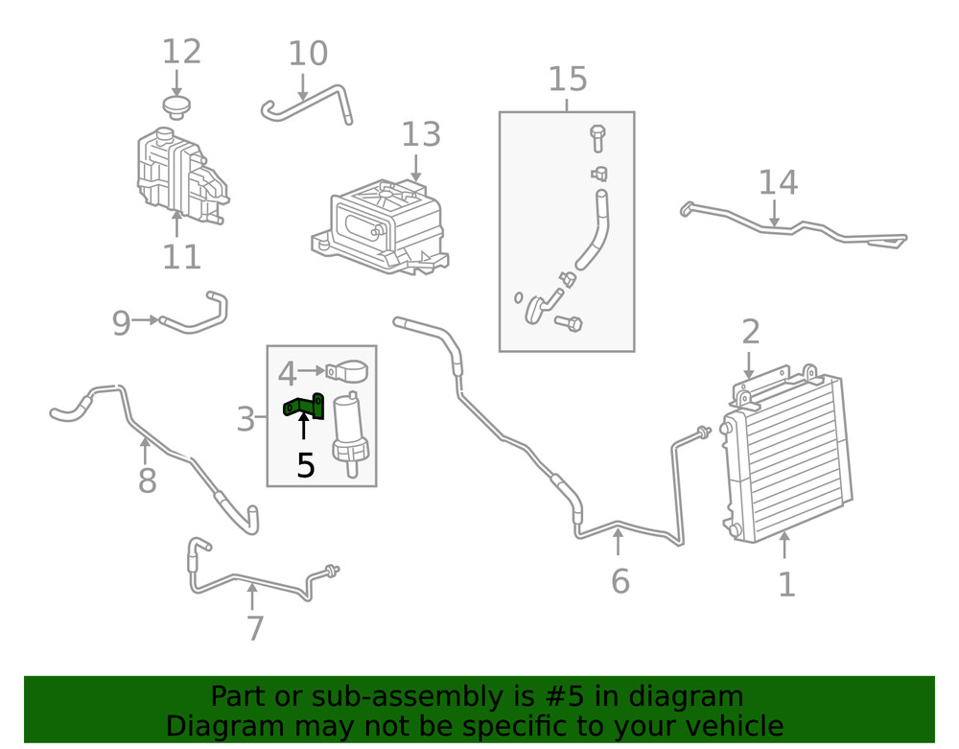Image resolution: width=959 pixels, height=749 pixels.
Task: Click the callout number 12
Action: (x=181, y=52)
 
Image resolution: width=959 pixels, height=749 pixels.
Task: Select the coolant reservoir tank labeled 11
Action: (x=178, y=173)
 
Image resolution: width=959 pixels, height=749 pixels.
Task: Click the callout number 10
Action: (x=308, y=55)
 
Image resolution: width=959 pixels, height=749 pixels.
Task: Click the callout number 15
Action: (x=568, y=80)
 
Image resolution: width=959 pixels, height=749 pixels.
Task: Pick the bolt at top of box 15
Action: (x=596, y=137)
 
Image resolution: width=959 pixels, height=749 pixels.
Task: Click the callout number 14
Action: (x=778, y=182)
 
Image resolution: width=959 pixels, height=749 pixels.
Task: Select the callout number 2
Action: (x=751, y=333)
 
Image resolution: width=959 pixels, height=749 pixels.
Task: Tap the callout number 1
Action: (x=786, y=584)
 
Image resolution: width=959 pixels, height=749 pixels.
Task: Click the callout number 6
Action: (x=620, y=581)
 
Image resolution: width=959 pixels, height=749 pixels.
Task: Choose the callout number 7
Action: (x=254, y=628)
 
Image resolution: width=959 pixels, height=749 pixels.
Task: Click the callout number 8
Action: (x=147, y=480)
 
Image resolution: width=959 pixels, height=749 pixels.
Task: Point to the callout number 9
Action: (x=121, y=323)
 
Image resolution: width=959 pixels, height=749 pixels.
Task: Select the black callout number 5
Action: (x=305, y=466)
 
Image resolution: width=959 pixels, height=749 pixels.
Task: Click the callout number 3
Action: (x=246, y=419)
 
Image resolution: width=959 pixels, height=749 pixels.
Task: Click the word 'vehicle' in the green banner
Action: (x=725, y=726)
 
